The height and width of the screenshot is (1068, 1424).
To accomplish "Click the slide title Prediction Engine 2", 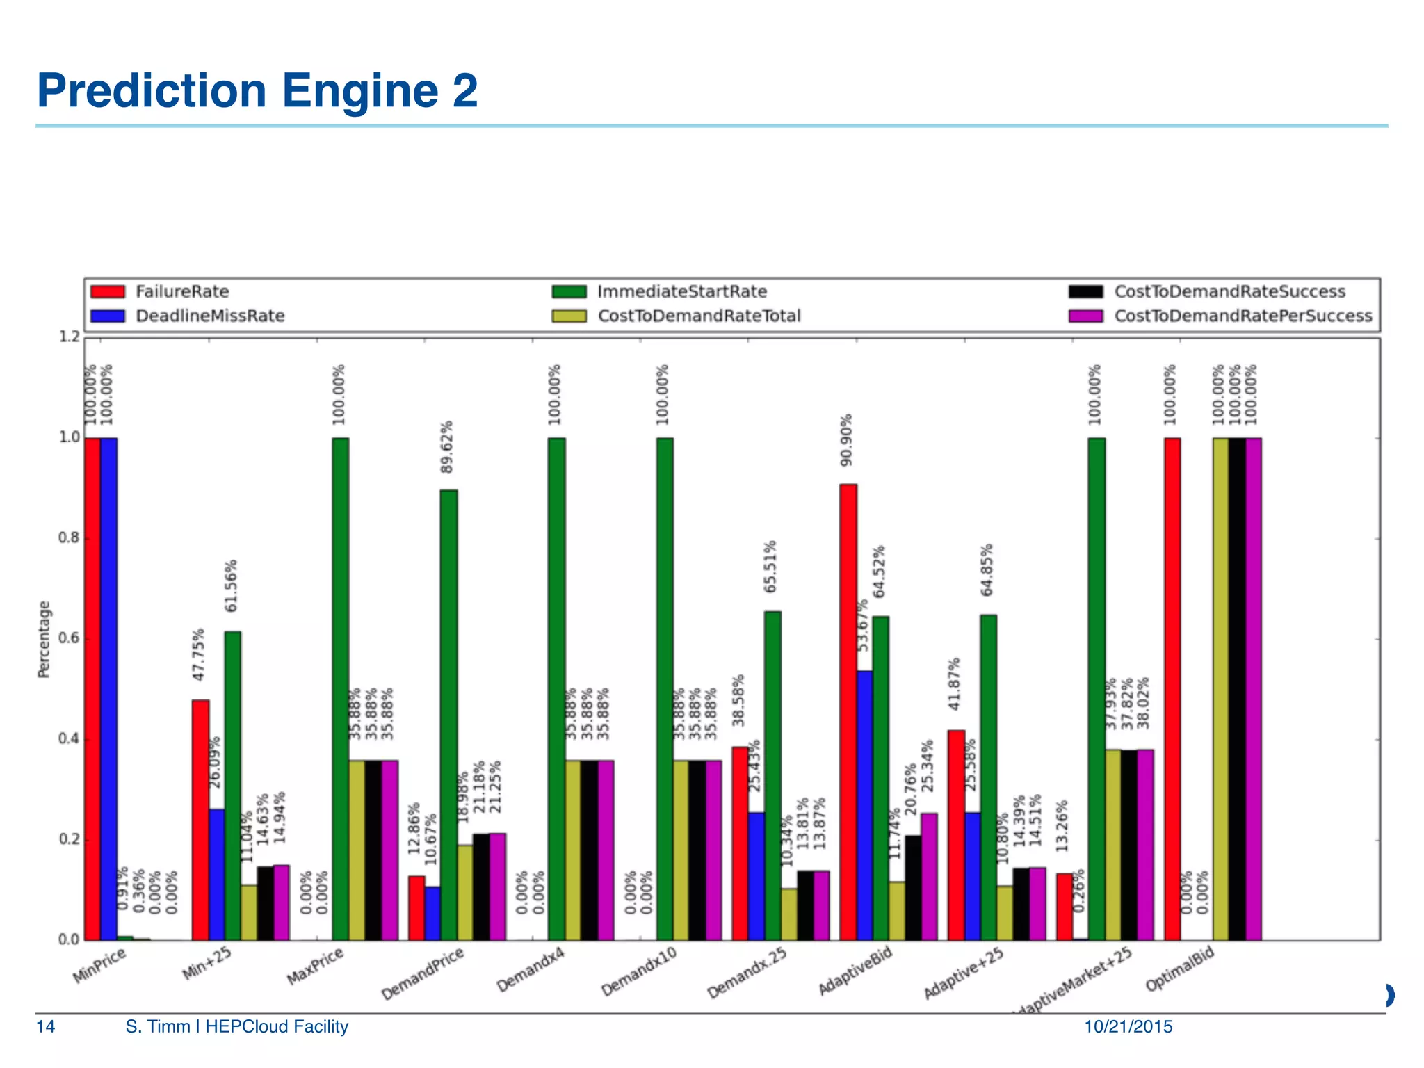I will click(x=257, y=90).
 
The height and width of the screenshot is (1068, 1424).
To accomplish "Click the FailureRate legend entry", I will click(x=181, y=291).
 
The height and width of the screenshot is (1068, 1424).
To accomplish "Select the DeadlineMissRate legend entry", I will click(x=209, y=316).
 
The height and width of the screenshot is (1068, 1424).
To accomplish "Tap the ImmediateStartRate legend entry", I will click(x=681, y=291).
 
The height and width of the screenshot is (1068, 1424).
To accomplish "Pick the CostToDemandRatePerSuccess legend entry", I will click(x=1243, y=316).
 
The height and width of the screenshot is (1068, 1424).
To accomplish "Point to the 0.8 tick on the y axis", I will click(x=69, y=538).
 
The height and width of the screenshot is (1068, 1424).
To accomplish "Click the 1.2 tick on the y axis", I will click(x=69, y=337).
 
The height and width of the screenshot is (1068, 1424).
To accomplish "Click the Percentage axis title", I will click(x=44, y=639).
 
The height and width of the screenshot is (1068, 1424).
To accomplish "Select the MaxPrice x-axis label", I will click(x=316, y=966).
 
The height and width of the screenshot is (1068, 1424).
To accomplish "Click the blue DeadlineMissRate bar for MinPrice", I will click(x=108, y=688).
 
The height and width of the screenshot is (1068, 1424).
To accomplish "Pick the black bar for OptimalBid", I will click(x=1236, y=688).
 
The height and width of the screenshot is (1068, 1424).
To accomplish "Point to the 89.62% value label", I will click(x=446, y=447).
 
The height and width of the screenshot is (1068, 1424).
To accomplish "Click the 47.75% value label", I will click(x=199, y=654).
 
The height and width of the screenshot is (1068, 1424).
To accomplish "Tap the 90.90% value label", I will click(x=846, y=440).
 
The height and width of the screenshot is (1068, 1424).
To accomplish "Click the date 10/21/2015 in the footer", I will click(x=1128, y=1026).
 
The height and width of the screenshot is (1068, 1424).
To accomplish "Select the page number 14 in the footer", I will click(x=45, y=1026).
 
